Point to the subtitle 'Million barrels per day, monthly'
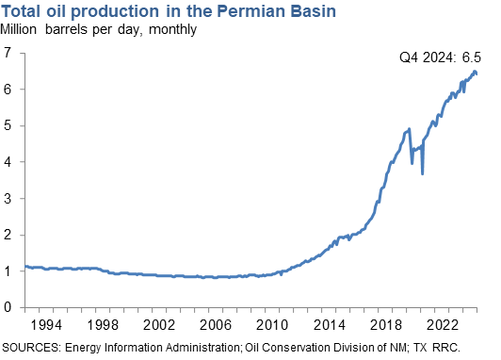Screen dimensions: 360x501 99,29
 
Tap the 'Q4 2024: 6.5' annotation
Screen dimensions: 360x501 438,58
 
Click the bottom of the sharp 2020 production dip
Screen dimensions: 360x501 423,174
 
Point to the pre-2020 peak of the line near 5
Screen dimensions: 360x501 409,129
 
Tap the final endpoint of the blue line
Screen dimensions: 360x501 477,74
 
